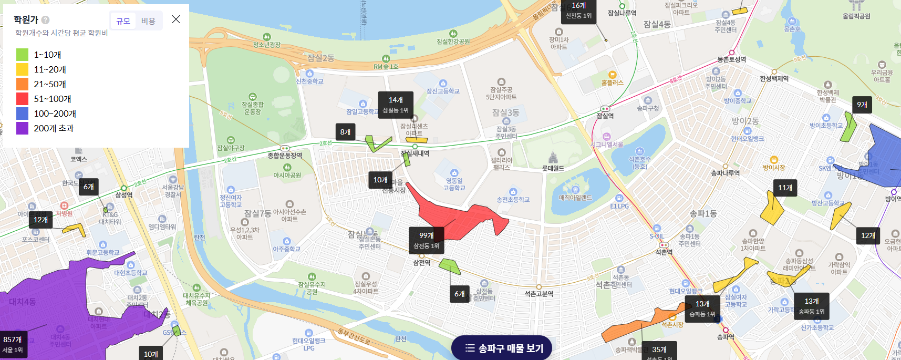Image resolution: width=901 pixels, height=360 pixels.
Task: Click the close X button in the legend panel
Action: [176, 19]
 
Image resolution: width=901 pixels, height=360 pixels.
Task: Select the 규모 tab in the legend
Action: [123, 21]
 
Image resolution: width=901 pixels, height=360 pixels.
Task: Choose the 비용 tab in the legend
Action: [148, 21]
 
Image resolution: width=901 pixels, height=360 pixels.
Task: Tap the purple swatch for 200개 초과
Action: [22, 128]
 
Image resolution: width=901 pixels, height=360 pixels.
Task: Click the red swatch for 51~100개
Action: [22, 99]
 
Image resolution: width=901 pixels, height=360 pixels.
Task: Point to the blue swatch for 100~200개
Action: [22, 114]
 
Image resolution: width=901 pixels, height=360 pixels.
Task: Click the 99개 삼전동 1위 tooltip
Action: [426, 240]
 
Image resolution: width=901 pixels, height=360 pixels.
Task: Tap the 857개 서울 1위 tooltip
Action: [13, 344]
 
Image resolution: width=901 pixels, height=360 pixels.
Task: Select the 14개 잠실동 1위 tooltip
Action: [396, 105]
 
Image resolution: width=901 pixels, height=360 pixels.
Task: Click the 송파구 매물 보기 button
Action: [502, 348]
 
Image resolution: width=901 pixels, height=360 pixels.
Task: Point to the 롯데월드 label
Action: [553, 168]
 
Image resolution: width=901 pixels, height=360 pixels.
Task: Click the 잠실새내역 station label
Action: [415, 153]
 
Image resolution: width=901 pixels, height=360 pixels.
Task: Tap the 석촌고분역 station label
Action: [538, 294]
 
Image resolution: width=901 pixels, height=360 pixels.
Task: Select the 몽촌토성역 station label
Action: [731, 59]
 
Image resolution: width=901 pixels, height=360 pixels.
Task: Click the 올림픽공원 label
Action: [856, 16]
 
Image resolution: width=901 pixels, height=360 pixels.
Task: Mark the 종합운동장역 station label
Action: [285, 156]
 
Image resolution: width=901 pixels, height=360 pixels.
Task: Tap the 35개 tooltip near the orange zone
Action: [659, 351]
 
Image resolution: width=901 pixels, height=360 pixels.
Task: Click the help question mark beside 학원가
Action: [46, 20]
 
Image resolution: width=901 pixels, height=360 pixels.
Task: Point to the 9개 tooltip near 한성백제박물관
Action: [862, 105]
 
